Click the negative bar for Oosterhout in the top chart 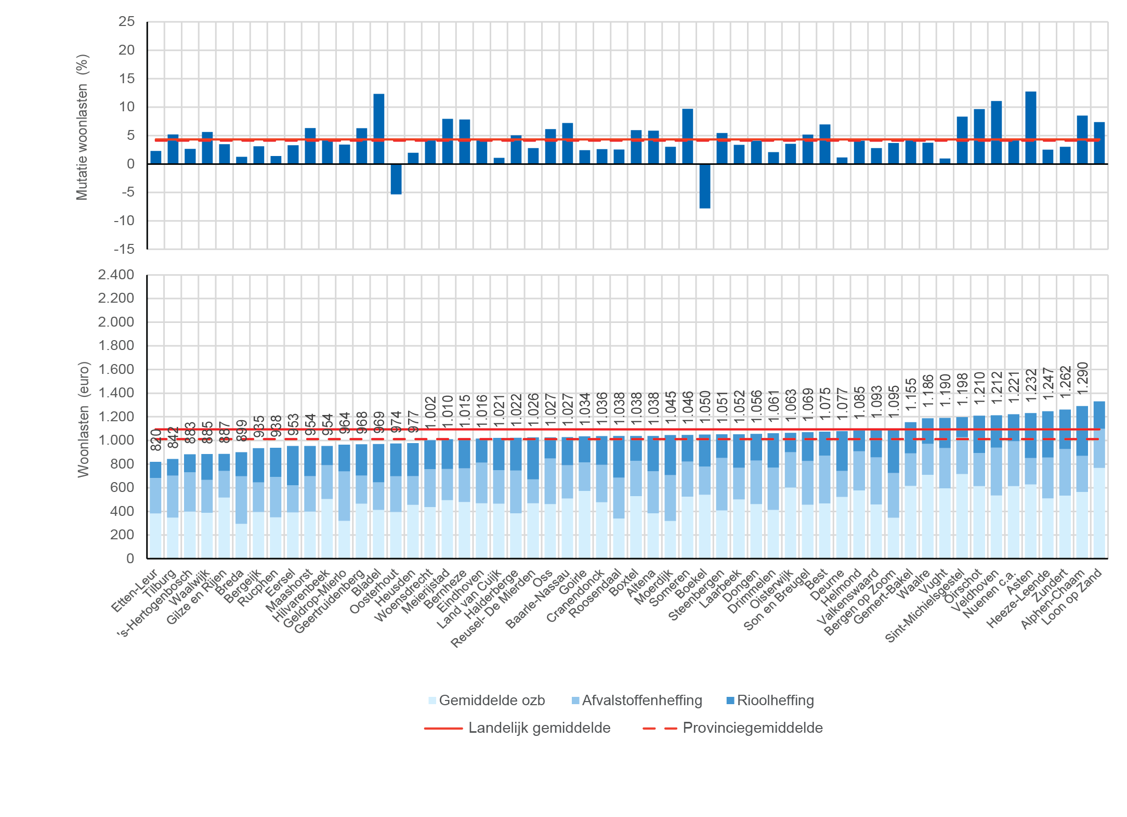click(396, 179)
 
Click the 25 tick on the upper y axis click(126, 22)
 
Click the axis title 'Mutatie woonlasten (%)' click(82, 127)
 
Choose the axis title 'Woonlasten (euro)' click(83, 419)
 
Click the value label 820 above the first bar click(156, 440)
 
